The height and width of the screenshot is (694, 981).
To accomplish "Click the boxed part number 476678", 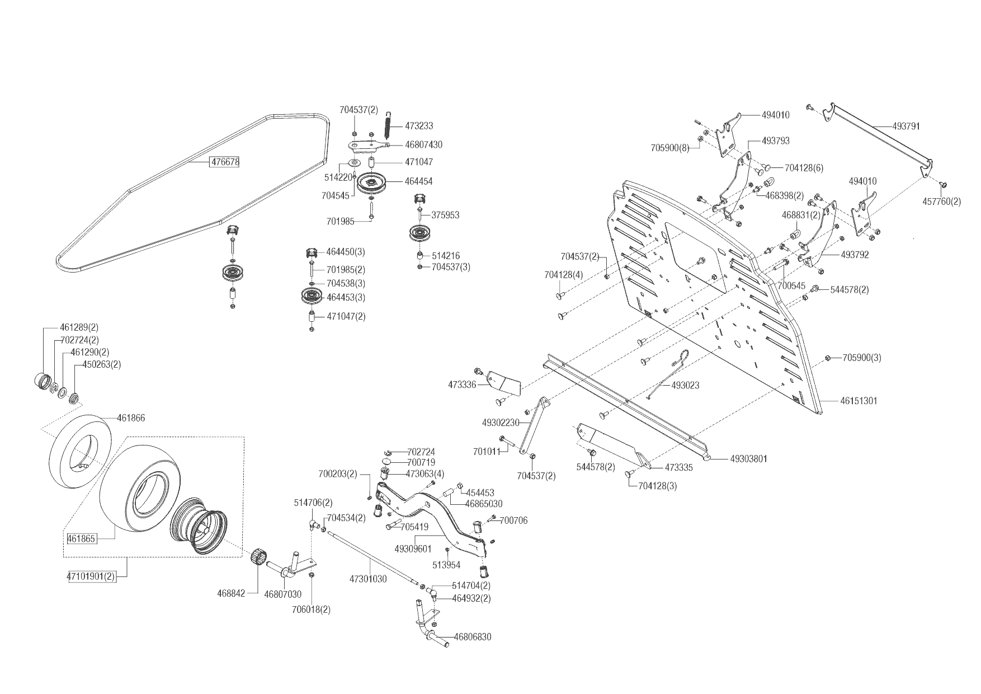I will pos(225,162).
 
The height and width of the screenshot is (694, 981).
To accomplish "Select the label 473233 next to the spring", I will pos(419,126).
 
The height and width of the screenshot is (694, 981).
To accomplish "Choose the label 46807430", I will pos(423,145).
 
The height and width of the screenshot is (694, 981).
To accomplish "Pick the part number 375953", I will pos(445,215).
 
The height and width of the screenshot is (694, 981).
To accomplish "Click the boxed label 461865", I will pos(82,539).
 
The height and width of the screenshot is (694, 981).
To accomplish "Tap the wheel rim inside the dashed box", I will pos(200,525).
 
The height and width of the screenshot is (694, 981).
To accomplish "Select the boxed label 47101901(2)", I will pos(92,576).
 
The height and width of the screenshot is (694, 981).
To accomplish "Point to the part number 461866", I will pos(131,418).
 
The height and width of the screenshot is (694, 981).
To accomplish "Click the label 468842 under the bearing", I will pos(231,593).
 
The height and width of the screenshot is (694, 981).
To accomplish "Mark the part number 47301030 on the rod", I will pos(368,579).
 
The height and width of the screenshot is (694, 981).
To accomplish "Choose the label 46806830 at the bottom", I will pos(473,637).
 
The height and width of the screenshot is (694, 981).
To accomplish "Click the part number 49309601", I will pos(413,549).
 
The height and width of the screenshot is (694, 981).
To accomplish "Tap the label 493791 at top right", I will pos(906,126).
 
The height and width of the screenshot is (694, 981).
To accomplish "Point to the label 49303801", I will pos(749,459).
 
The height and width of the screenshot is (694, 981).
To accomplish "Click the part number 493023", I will pos(685,386).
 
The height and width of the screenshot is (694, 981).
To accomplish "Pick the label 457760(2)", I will pos(941,201).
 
